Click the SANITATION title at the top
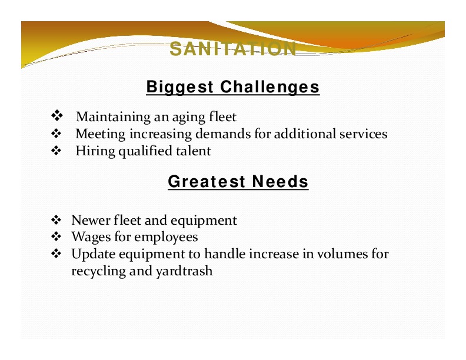pos(233,49)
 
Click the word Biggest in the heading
pos(180,87)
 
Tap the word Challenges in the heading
pos(270,86)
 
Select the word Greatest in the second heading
pos(207,181)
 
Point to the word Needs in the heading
pos(280,181)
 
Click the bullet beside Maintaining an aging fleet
pos(56,115)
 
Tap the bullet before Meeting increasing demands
pos(56,134)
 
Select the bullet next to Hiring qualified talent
pos(56,151)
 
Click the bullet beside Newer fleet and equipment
pos(56,220)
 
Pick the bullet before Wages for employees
pos(56,236)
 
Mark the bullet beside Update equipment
pos(56,254)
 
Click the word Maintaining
pos(114,116)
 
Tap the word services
pos(364,134)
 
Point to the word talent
pos(194,151)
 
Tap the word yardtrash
pos(184,272)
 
